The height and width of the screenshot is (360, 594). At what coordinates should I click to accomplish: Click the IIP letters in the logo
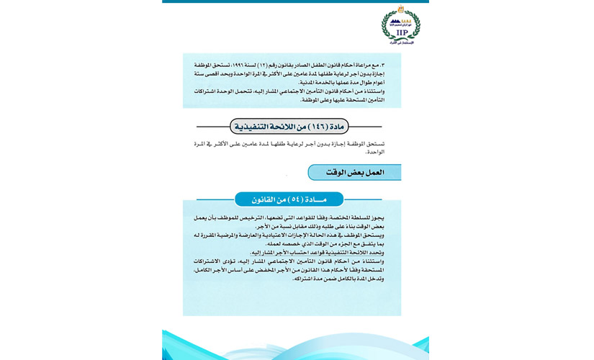point(400,32)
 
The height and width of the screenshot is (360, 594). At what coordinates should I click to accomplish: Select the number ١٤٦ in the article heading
point(318,127)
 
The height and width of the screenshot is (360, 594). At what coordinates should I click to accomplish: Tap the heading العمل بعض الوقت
point(356,173)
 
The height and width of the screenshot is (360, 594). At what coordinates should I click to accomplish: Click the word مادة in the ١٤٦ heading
point(341,127)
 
